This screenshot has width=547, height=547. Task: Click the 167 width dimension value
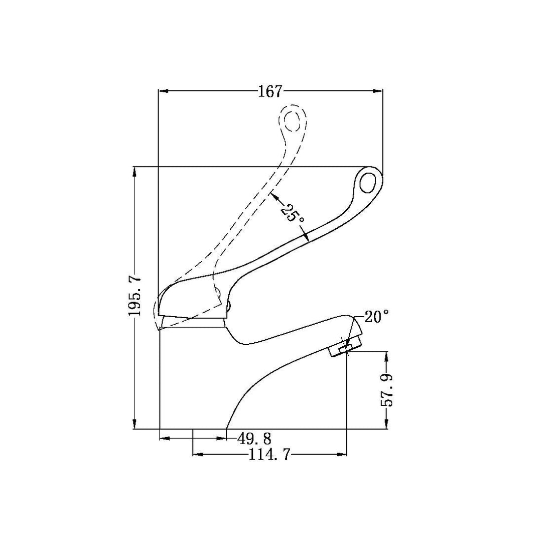click(270, 91)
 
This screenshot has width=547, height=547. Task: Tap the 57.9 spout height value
click(386, 390)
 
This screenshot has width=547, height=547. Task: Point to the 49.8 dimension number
click(254, 439)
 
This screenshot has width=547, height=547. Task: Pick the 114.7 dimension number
click(269, 455)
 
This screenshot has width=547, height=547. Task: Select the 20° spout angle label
click(376, 317)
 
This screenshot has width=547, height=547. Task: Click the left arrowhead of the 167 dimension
click(162, 91)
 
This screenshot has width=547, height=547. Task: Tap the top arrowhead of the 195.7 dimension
click(134, 171)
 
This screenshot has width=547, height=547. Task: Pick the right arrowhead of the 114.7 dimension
click(343, 455)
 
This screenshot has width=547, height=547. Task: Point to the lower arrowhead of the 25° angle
click(306, 239)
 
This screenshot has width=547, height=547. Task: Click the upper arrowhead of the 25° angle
click(273, 196)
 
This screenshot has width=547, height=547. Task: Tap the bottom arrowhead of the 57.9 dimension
click(386, 425)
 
